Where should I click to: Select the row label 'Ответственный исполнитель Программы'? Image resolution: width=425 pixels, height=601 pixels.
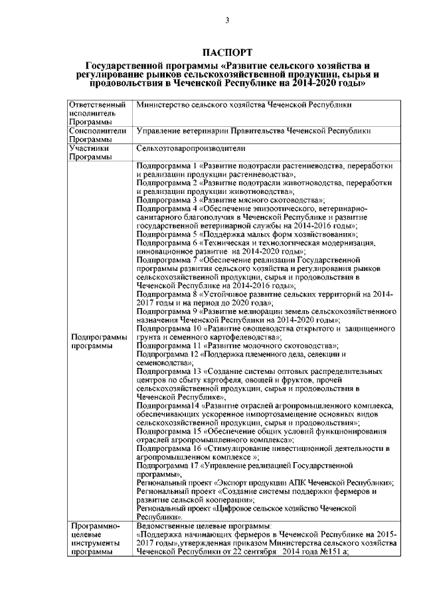coord(97,114)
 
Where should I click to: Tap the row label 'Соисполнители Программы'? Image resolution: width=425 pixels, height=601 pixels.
coord(97,136)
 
